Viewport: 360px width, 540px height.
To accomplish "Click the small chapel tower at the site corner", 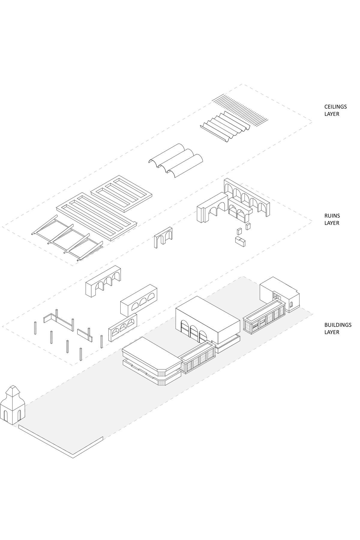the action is pos(13,406).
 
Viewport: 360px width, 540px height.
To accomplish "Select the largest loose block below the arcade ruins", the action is pos(240,241).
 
